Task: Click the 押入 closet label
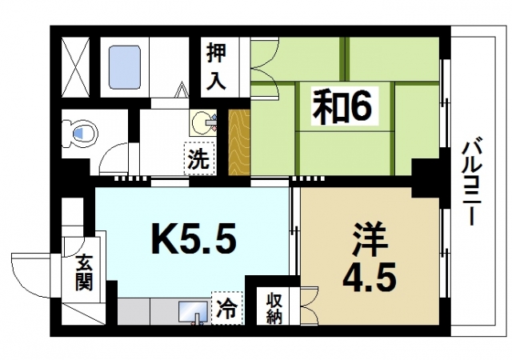(x=217, y=66)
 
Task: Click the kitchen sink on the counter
(x=189, y=310)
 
